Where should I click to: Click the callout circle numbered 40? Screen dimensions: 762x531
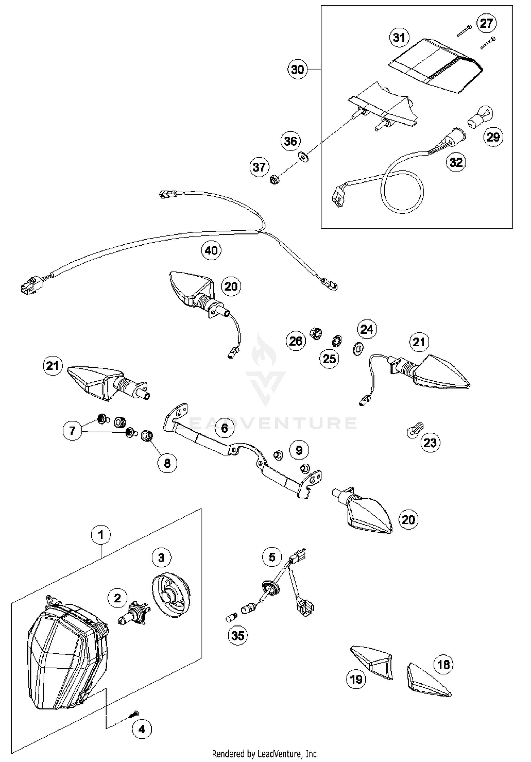point(211,250)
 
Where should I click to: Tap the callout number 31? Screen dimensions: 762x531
point(399,37)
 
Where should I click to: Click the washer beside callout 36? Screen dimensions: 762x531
point(303,156)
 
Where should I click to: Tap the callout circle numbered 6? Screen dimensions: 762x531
point(224,428)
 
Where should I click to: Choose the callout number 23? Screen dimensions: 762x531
point(430,443)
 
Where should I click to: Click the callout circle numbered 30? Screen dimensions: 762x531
point(297,69)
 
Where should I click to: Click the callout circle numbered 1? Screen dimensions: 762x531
point(101,535)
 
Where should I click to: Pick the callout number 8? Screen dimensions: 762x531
point(167,463)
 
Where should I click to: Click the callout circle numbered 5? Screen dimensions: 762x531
point(272,557)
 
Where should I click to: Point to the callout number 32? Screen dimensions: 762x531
point(456,162)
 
